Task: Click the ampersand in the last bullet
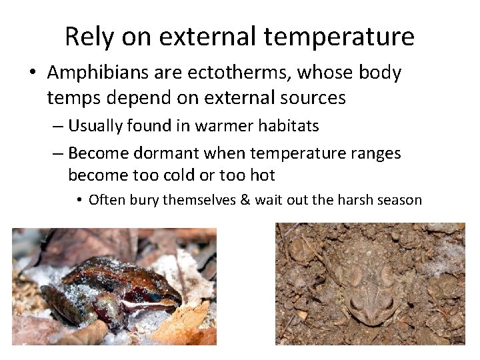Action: point(243,199)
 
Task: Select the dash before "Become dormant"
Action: point(58,153)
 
